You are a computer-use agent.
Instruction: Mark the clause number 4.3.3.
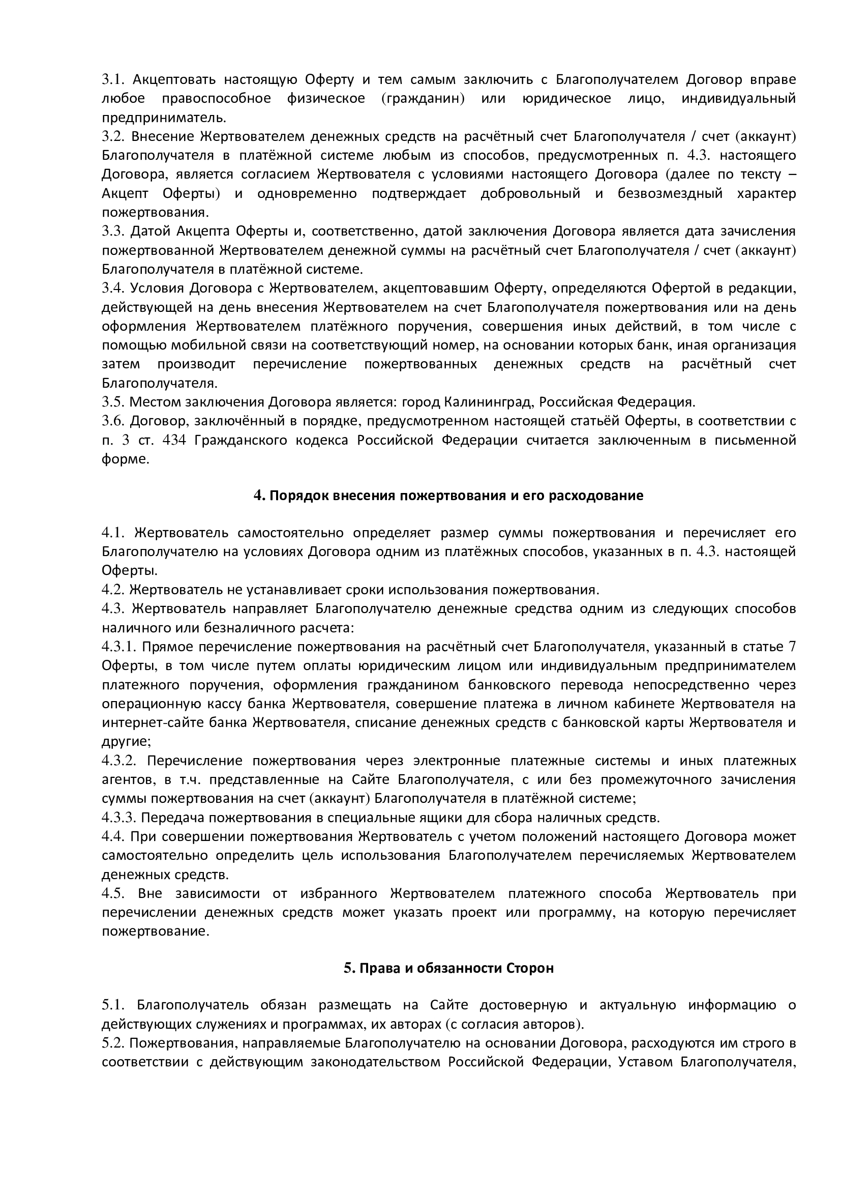pyautogui.click(x=118, y=818)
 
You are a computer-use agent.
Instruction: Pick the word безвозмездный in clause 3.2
pyautogui.click(x=670, y=193)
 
